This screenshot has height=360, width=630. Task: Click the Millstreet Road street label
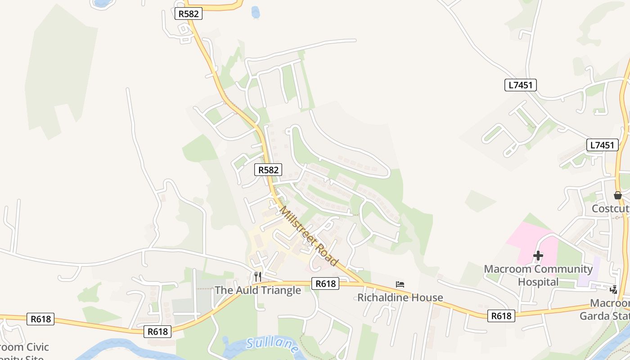tap(309, 236)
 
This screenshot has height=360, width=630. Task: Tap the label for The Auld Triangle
tap(257, 290)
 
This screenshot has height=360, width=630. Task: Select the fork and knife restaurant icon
tap(257, 276)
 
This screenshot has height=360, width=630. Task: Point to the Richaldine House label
tap(400, 297)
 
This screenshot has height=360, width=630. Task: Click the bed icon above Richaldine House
tap(400, 284)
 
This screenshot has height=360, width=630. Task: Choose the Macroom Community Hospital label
tap(538, 275)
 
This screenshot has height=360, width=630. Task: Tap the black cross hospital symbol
tap(538, 256)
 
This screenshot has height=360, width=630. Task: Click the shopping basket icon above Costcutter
tap(617, 195)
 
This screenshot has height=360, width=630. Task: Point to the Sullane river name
tap(273, 345)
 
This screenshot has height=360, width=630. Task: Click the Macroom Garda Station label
tap(605, 310)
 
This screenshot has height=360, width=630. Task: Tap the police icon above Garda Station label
tap(614, 290)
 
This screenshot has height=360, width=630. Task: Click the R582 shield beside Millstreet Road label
tap(268, 170)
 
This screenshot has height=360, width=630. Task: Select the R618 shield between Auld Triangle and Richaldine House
tap(325, 283)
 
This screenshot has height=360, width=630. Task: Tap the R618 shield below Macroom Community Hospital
tap(501, 316)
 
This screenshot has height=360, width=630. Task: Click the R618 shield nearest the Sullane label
tap(157, 332)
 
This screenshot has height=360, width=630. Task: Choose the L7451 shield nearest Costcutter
tap(602, 145)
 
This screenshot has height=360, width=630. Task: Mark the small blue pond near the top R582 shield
tap(256, 12)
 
